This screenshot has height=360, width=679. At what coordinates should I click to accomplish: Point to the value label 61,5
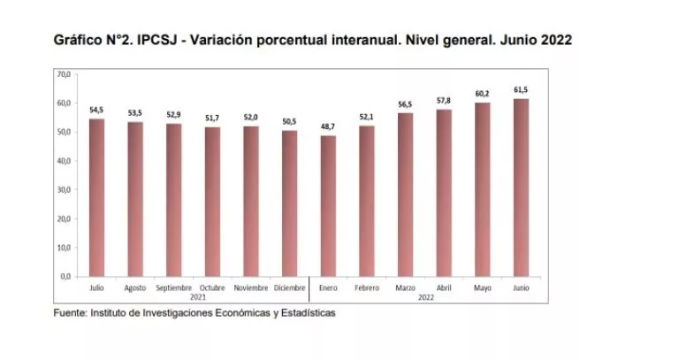click(522, 90)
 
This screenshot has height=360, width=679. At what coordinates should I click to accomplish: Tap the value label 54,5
click(96, 110)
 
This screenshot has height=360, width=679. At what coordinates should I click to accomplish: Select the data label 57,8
click(444, 101)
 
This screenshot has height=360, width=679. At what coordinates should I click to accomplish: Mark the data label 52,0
click(251, 118)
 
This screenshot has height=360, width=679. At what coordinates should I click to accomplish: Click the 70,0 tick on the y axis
click(64, 75)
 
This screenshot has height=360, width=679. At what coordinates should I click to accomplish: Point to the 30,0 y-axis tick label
click(64, 190)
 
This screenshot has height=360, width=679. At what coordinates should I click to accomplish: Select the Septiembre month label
click(173, 288)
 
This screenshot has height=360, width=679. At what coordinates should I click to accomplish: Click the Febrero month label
click(367, 288)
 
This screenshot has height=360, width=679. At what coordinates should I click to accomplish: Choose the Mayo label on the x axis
click(483, 288)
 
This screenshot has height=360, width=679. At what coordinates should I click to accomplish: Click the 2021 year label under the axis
click(197, 297)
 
